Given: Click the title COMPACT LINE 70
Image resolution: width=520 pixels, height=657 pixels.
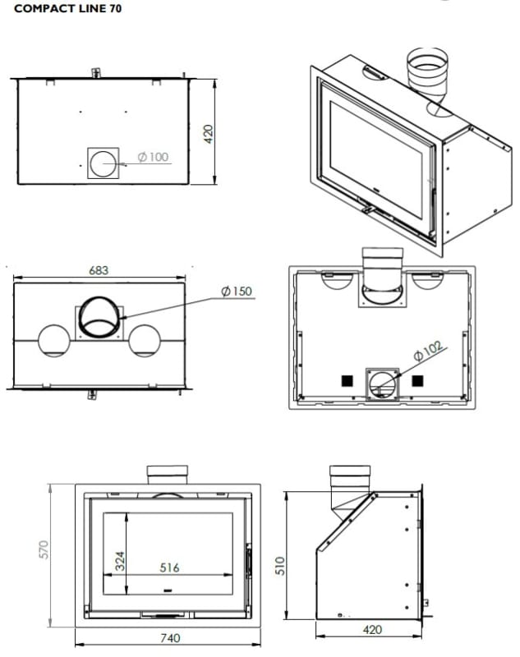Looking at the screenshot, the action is [x=68, y=8].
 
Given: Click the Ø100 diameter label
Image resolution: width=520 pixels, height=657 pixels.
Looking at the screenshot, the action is [x=153, y=157].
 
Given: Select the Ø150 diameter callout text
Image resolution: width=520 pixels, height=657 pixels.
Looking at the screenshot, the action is [x=237, y=292].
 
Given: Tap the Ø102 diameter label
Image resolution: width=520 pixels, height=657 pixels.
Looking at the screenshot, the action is [x=428, y=351].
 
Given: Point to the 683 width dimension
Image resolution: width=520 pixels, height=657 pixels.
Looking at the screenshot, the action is [x=99, y=270].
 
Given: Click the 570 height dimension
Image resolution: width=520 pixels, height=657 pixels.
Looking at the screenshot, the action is [x=44, y=549].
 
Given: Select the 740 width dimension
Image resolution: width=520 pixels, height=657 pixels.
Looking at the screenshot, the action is [x=170, y=638].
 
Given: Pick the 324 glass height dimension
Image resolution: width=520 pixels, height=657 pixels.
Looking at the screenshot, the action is [x=120, y=561].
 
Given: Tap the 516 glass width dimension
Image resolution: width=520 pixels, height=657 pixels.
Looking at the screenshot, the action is [x=169, y=567].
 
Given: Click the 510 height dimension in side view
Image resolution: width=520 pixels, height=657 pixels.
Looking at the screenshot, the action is [x=280, y=566].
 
